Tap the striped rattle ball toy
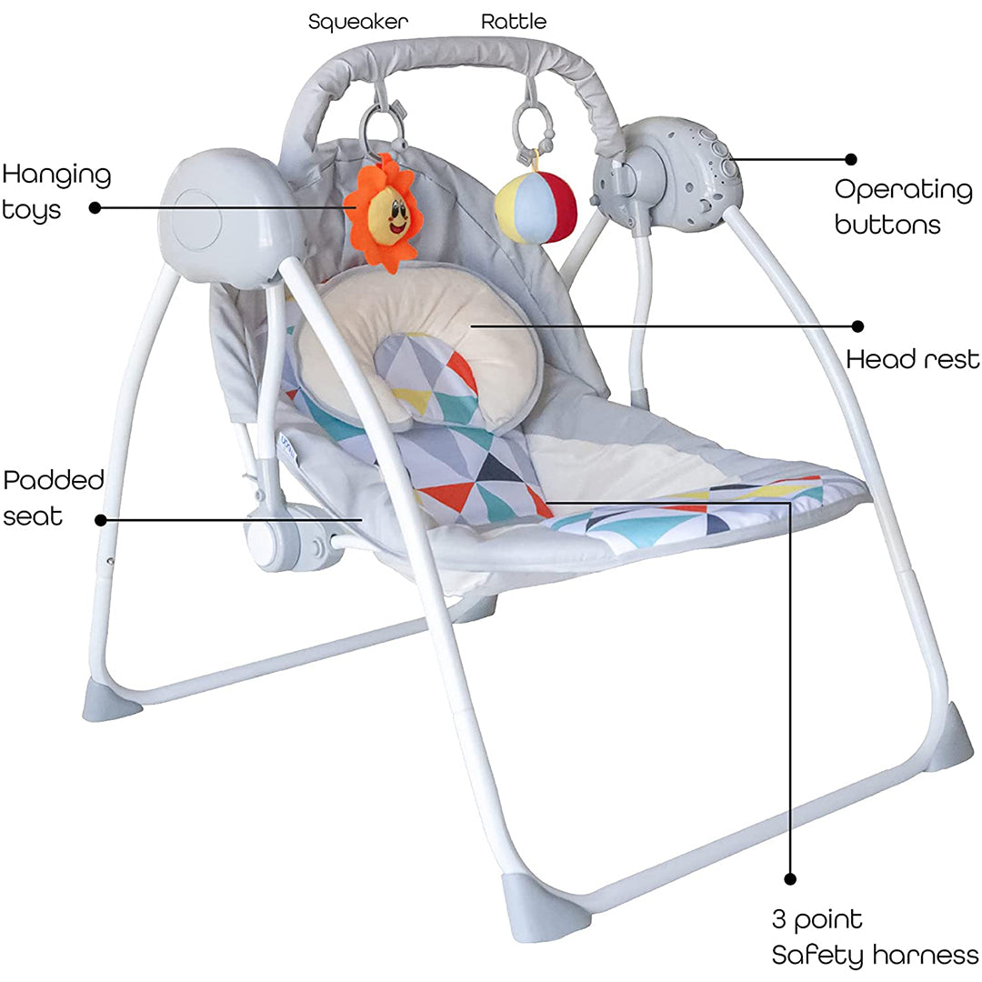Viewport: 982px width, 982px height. (x=535, y=206)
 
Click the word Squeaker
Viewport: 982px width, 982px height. (x=357, y=22)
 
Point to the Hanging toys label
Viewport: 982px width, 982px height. (x=56, y=192)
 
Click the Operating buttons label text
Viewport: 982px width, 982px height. (x=903, y=206)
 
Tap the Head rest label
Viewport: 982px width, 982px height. (x=913, y=359)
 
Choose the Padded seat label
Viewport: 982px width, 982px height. (x=54, y=498)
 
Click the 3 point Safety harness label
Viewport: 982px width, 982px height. (x=875, y=937)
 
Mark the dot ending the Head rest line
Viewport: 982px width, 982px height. (x=858, y=326)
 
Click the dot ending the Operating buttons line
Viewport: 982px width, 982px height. (x=851, y=159)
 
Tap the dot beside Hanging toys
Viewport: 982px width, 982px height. (x=95, y=207)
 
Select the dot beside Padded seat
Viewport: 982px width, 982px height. (x=101, y=520)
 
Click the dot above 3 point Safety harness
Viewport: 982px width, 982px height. (x=790, y=879)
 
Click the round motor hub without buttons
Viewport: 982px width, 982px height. (x=225, y=216)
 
